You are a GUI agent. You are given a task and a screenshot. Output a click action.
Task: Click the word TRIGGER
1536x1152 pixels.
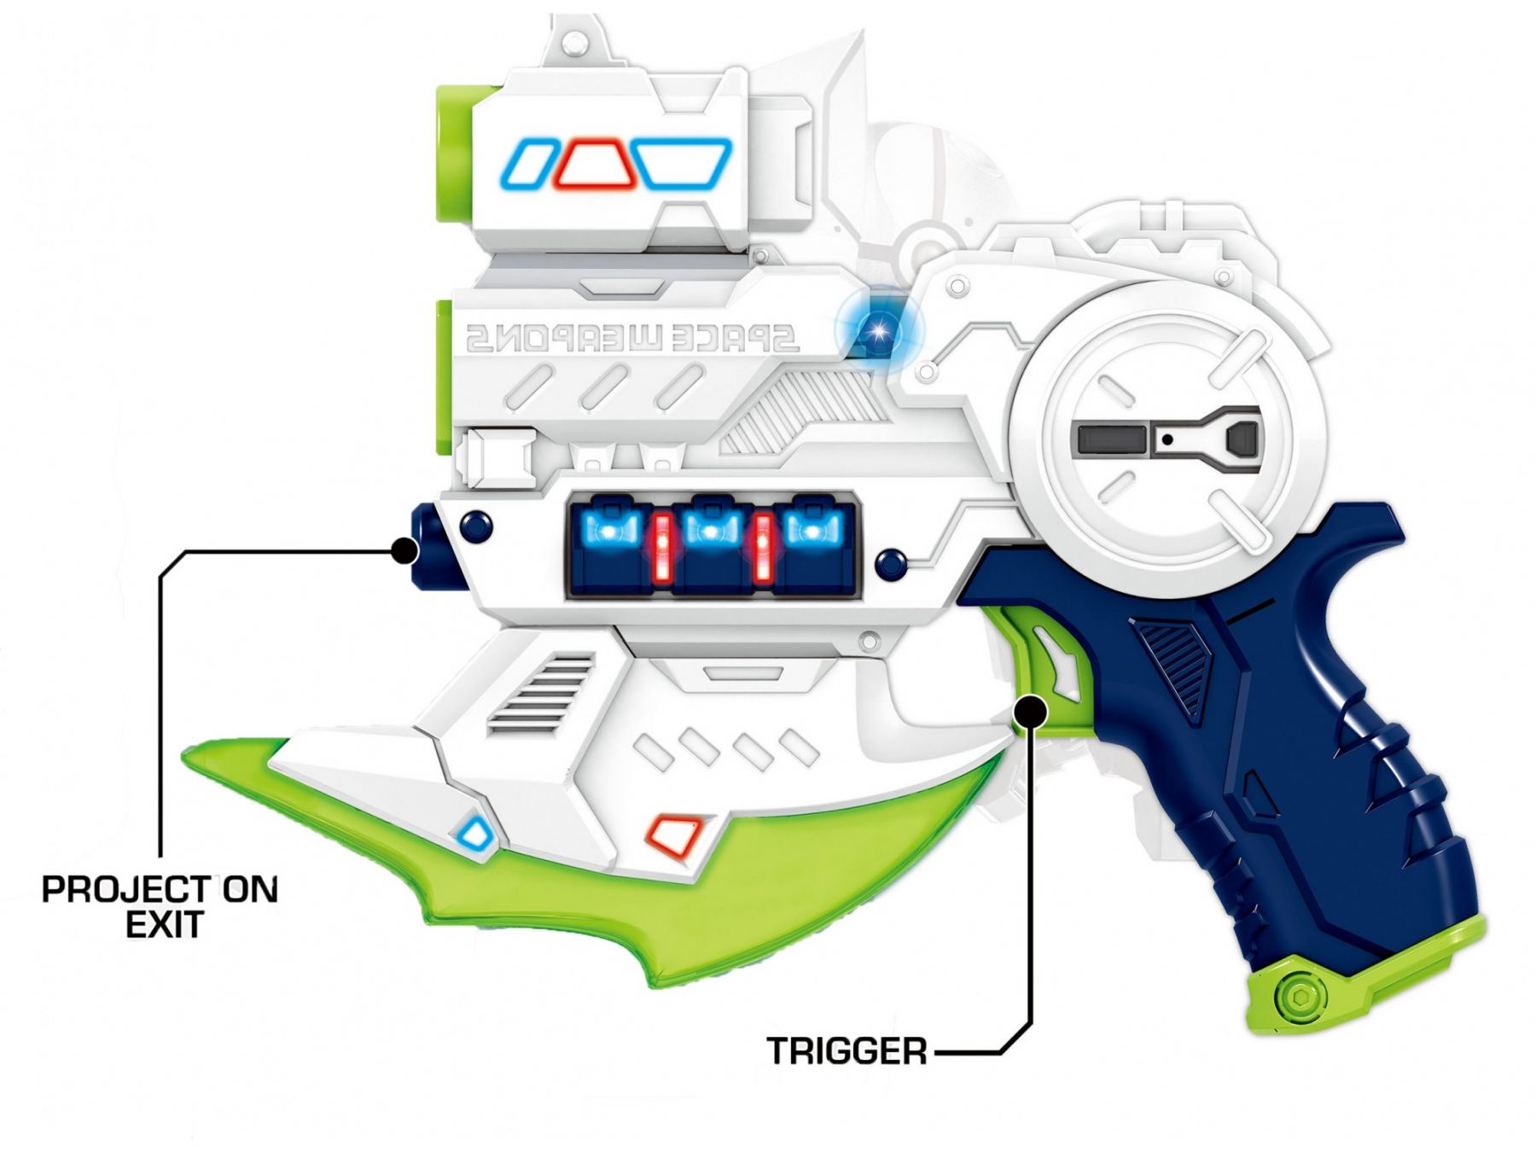tap(847, 1050)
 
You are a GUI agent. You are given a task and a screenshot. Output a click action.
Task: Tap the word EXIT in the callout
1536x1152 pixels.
tap(164, 924)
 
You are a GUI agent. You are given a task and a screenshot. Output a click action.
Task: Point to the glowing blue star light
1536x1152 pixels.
tap(878, 329)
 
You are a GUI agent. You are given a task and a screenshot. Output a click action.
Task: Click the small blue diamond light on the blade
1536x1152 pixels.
tap(474, 833)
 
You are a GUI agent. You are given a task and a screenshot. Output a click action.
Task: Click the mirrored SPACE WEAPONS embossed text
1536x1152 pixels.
tap(631, 339)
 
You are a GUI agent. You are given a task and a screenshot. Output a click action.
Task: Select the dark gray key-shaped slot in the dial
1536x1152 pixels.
tap(1169, 439)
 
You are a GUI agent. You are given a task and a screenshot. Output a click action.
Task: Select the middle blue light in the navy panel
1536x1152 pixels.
tap(708, 530)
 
